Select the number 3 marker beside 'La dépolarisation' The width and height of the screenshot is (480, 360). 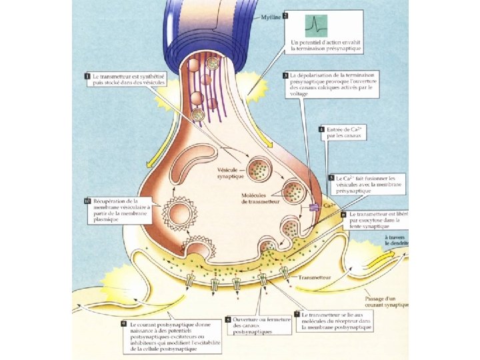coord(285,75)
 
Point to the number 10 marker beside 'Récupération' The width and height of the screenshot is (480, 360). coord(87,201)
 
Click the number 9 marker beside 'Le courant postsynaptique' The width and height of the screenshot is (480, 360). coord(124,324)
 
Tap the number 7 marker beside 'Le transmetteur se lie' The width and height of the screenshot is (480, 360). coord(297,314)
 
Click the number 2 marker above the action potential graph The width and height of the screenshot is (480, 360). coord(285,15)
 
